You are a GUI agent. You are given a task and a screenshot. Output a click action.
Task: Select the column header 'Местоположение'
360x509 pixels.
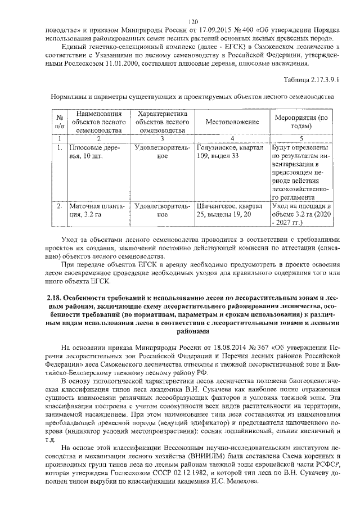coord(232,122)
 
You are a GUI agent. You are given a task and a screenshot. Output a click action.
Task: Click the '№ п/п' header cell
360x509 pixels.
coord(59,122)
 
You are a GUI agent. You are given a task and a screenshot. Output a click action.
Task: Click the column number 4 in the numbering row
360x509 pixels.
coord(232,138)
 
